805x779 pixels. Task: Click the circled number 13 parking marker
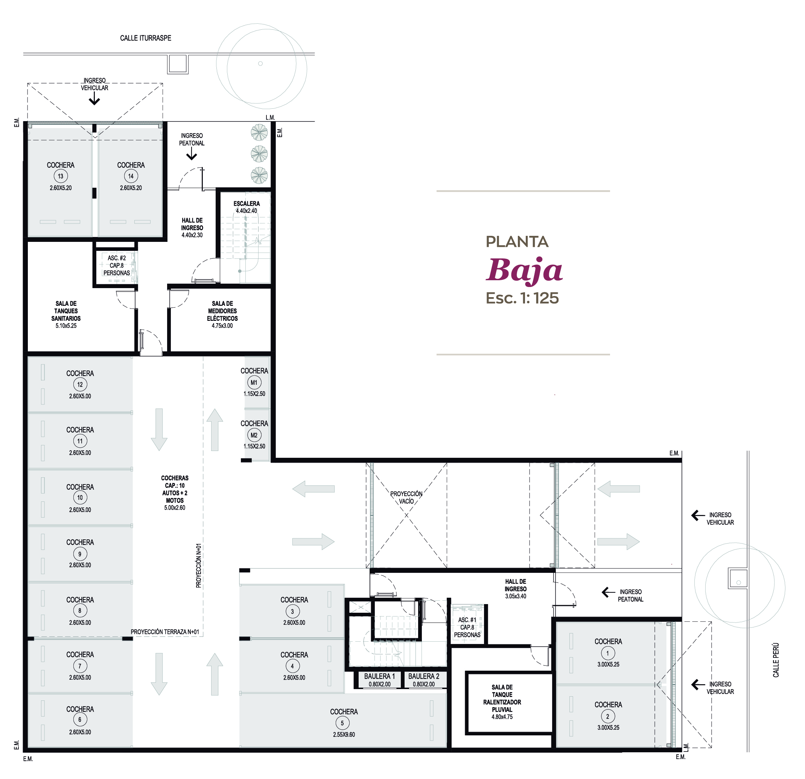[x=60, y=176]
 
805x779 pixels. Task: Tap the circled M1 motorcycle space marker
[x=254, y=383]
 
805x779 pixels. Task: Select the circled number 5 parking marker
[x=342, y=723]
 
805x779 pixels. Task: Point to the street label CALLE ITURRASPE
[x=145, y=38]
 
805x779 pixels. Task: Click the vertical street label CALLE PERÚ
[x=776, y=661]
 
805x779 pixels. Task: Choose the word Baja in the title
[x=524, y=270]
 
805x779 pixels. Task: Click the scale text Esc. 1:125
[x=522, y=298]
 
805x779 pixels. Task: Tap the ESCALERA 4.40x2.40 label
[x=247, y=207]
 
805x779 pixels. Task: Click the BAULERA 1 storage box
[x=379, y=680]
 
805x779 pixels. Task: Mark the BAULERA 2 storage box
[x=424, y=680]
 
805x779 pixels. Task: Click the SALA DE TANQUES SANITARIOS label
[x=66, y=314]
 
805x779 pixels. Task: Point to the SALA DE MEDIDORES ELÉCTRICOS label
[x=222, y=314]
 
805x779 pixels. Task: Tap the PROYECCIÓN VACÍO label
[x=406, y=497]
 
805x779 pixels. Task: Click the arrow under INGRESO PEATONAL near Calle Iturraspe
[x=192, y=154]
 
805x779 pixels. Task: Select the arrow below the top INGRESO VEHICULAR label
[x=94, y=99]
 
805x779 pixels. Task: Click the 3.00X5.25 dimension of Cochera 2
[x=608, y=727]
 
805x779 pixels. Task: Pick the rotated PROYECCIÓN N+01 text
[x=199, y=566]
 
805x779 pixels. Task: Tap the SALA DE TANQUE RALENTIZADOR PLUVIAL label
[x=502, y=702]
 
